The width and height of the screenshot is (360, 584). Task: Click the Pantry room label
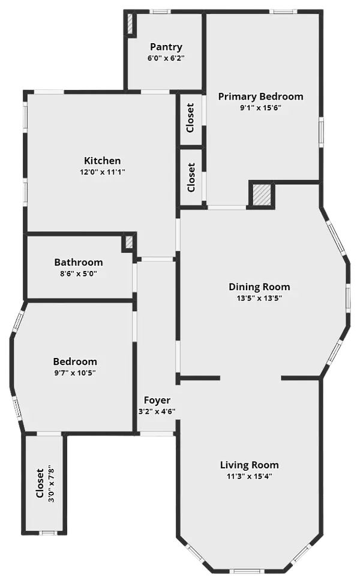coord(166,47)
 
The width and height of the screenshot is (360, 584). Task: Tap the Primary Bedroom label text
coord(260,97)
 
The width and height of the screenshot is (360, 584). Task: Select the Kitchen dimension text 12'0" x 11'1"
coord(103,172)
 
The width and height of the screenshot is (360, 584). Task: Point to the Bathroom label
coord(79,262)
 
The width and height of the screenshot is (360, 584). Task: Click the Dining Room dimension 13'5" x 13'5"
coord(259,298)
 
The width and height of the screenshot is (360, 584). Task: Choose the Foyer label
coord(157,401)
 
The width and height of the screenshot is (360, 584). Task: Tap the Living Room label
coord(250,465)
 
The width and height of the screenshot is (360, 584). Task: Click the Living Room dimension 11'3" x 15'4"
coord(250,476)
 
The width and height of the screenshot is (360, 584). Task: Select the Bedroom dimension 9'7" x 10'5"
coord(75,372)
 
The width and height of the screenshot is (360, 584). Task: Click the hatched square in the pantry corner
coord(130,24)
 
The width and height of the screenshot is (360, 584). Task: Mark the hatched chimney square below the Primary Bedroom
coord(262,195)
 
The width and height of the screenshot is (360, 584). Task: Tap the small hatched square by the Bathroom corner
coord(129,242)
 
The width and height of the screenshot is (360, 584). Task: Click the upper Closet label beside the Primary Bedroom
coord(190,118)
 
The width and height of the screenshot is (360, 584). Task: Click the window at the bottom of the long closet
coord(47,533)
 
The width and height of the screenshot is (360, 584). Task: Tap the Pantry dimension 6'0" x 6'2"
coord(166,58)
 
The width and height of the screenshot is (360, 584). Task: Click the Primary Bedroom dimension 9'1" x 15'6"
coord(260,108)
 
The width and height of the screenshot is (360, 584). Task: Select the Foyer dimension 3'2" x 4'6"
coord(157,411)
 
